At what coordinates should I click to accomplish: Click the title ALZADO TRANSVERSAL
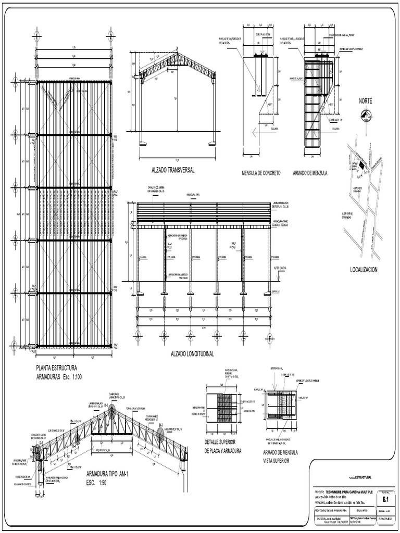[173, 170]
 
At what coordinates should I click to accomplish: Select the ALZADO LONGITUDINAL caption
[193, 354]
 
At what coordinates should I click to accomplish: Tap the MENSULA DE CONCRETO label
[261, 173]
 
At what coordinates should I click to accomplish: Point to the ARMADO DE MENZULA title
[310, 173]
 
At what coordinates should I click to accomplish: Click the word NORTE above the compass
[365, 100]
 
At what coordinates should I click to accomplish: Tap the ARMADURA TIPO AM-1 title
[107, 475]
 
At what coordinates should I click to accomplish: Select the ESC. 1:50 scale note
[98, 483]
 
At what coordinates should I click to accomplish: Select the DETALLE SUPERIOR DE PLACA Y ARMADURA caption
[223, 447]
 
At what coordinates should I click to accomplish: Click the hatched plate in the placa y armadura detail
[224, 408]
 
